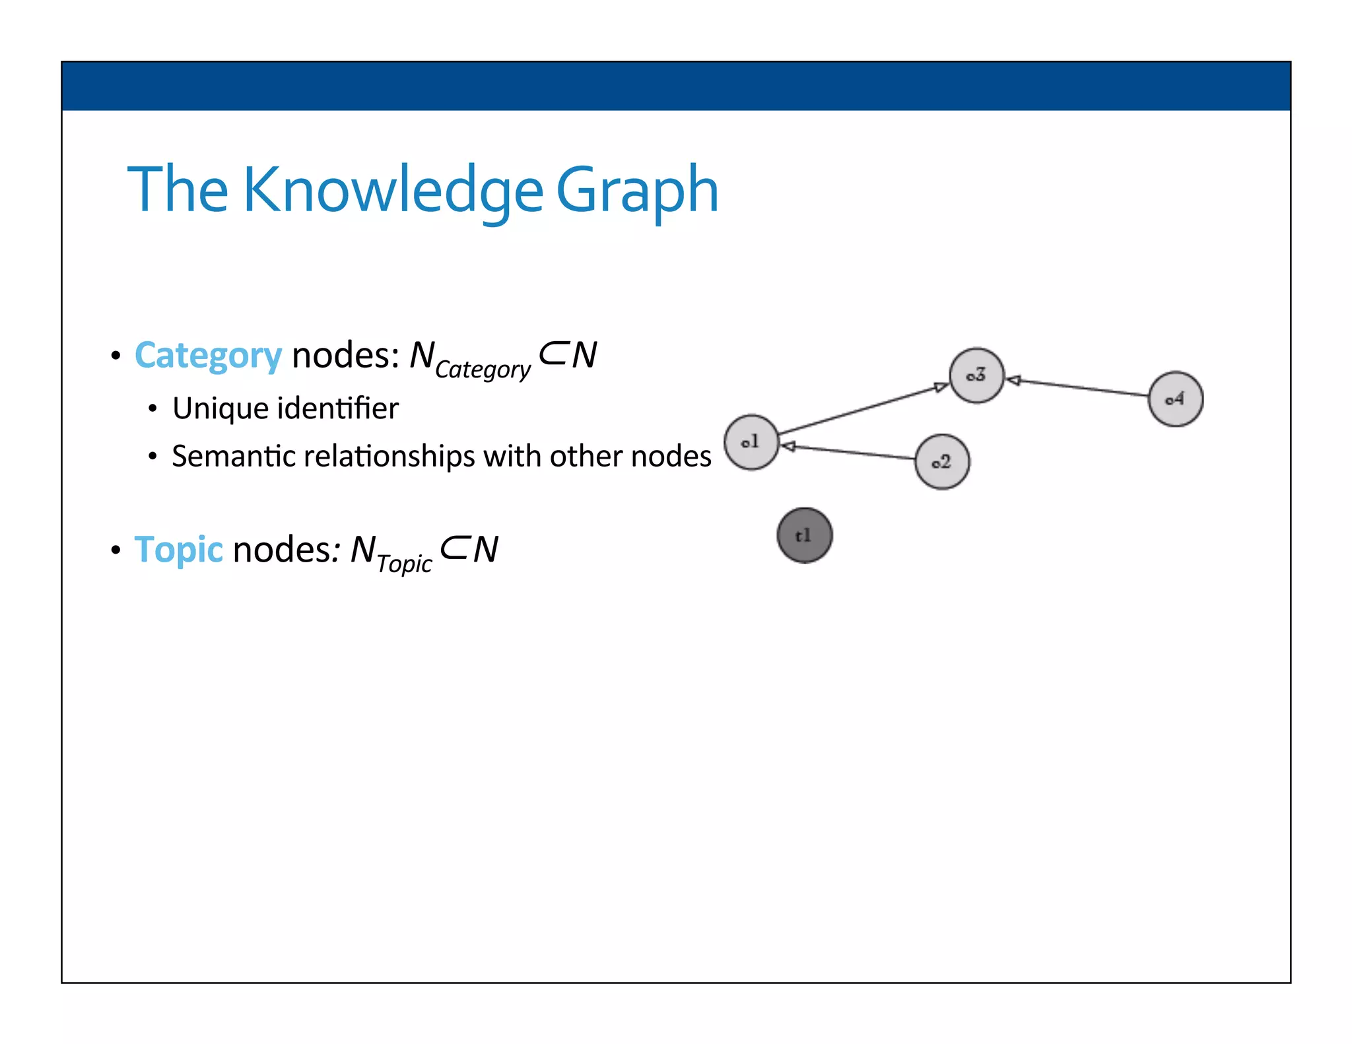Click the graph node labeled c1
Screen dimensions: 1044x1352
click(x=751, y=442)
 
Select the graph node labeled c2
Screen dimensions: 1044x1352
click(x=942, y=462)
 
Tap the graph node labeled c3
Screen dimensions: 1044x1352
click(x=976, y=375)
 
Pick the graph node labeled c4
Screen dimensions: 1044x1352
click(x=1175, y=399)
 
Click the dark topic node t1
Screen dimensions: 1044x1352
click(x=804, y=535)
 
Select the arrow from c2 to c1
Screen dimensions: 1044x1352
click(x=848, y=452)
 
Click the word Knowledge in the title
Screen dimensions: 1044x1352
click(x=393, y=190)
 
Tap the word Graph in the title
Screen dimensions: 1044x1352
click(x=637, y=190)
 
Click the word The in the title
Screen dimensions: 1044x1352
click(x=178, y=190)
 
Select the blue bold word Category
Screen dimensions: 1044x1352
click(x=208, y=356)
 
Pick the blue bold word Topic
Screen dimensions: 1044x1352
click(x=179, y=549)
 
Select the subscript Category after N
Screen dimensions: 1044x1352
click(x=483, y=370)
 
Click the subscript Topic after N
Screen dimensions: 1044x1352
click(x=404, y=564)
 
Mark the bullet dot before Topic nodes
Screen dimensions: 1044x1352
click(x=116, y=550)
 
